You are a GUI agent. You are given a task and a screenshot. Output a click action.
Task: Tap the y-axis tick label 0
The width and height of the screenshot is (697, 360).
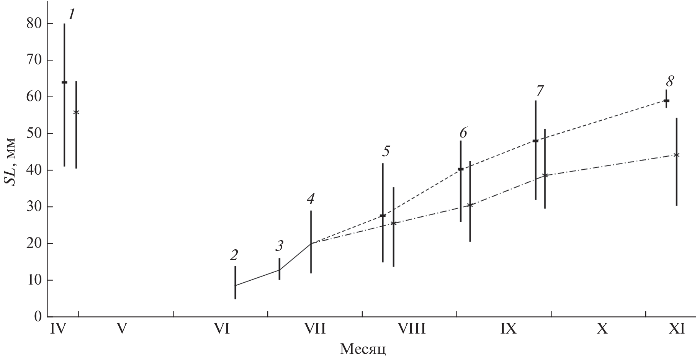pos(38,317)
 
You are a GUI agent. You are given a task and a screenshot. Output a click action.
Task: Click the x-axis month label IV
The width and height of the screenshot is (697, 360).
pos(58,329)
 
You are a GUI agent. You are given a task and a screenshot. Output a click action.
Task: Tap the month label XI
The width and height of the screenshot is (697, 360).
pos(677,329)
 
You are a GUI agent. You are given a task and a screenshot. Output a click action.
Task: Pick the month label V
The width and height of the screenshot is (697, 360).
pos(121,329)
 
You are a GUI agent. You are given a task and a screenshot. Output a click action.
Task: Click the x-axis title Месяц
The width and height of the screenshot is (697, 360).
pos(363,349)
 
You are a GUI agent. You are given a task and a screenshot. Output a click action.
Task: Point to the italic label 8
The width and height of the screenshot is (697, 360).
pos(669,81)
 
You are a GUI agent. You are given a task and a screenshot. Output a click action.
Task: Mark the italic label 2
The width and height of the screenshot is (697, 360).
pos(234,255)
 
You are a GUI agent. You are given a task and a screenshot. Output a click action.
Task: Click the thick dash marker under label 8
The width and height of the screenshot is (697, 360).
pos(666,101)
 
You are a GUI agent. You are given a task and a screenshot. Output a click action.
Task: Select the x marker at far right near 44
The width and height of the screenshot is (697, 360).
pos(676,155)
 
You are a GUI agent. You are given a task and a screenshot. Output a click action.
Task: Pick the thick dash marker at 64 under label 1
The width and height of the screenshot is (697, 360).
pos(64,82)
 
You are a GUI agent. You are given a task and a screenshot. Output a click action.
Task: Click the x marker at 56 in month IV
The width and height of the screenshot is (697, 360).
pos(76,112)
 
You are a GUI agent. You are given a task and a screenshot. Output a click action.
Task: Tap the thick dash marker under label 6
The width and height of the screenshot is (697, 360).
pos(461,169)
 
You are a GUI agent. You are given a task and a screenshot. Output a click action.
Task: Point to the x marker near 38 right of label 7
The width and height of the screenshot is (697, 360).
pos(545,175)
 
